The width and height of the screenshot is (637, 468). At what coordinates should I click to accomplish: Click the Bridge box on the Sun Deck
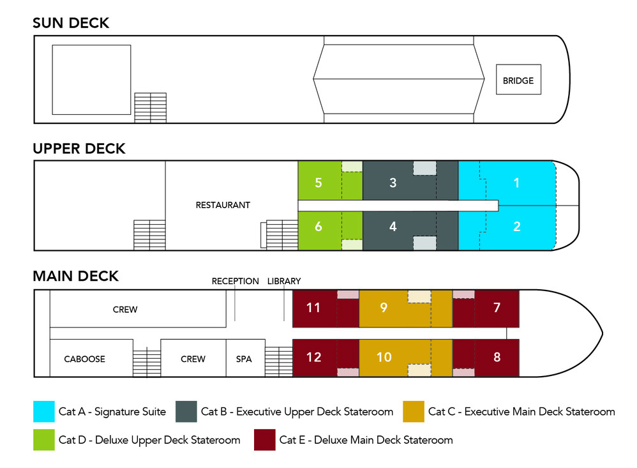[x=518, y=80]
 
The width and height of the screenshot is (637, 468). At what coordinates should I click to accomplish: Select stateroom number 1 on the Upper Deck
[x=516, y=183]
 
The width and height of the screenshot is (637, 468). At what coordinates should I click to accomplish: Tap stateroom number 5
[x=318, y=183]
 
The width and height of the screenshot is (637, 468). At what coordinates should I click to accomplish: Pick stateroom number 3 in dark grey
[x=393, y=183]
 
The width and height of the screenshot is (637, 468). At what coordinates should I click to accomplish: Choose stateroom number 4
[x=393, y=226]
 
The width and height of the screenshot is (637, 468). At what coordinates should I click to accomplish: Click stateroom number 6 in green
[x=318, y=226]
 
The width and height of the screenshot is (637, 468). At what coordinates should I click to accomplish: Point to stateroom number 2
[x=516, y=226]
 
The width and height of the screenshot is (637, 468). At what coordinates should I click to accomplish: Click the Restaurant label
[x=223, y=205]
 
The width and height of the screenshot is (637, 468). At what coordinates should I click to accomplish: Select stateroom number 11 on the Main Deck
[x=313, y=308]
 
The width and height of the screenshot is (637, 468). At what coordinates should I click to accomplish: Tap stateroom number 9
[x=384, y=308]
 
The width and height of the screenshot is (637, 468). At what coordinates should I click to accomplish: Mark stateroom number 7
[x=497, y=308]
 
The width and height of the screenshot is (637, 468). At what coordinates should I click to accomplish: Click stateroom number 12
[x=313, y=358]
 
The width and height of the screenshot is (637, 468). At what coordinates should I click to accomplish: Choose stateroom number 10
[x=384, y=358]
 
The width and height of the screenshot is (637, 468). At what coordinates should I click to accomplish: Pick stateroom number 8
[x=497, y=358]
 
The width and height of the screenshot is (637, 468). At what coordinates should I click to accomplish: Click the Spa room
[x=244, y=359]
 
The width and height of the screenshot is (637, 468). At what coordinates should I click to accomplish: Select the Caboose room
[x=84, y=359]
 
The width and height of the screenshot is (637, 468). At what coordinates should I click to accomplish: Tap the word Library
[x=284, y=281]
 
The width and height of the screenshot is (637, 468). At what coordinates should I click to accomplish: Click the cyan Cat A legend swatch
[x=43, y=412]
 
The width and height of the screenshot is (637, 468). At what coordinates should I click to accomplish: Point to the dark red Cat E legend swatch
[x=265, y=440]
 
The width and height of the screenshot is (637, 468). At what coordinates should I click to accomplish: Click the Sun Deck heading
[x=71, y=23]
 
